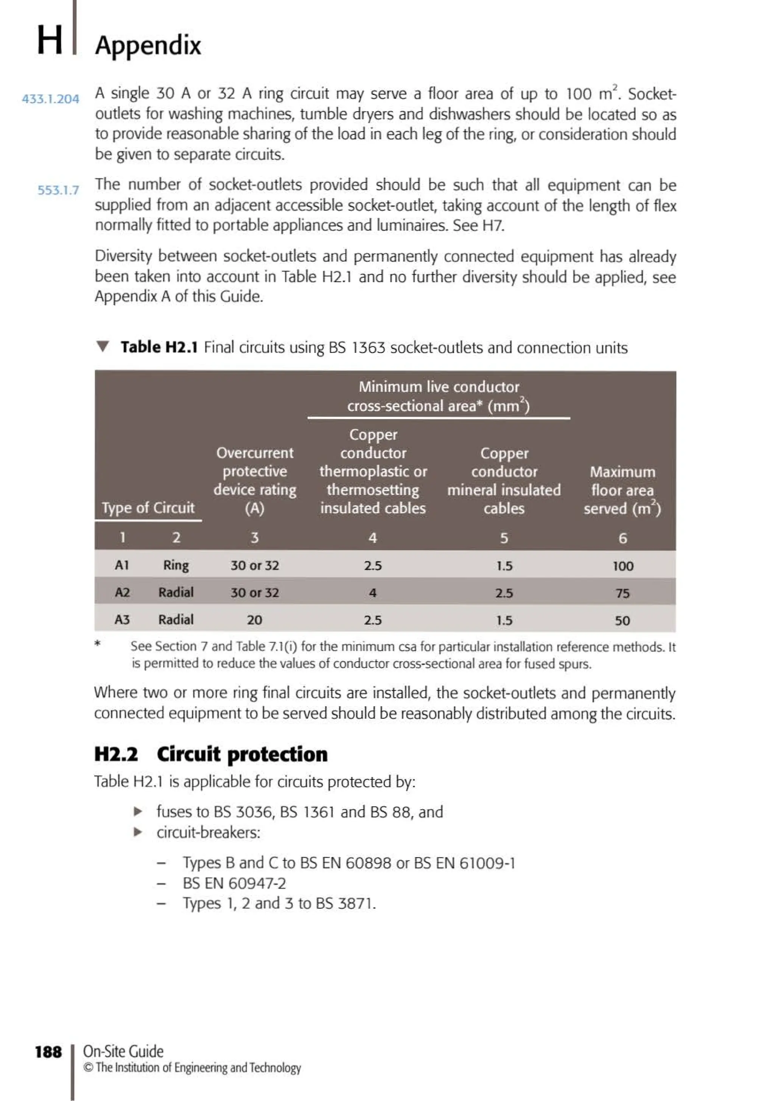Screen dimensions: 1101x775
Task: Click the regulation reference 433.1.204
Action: [50, 99]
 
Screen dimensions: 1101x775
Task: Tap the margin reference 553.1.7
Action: [58, 190]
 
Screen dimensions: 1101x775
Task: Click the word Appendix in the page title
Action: [148, 45]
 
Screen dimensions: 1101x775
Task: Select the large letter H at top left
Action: [50, 40]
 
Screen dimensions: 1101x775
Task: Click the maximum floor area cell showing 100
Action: [622, 566]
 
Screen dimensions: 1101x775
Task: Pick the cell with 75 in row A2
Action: [622, 594]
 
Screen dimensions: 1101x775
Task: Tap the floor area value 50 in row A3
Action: [622, 621]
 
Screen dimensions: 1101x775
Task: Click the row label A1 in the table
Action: [122, 565]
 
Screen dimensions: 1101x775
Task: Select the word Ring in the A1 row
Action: [176, 565]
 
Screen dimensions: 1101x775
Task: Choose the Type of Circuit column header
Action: [148, 508]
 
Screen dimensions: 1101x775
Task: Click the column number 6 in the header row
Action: [622, 538]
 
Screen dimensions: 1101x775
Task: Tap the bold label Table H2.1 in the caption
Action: [159, 347]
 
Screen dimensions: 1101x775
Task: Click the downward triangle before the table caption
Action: [103, 346]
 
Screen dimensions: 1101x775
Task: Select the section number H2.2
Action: [116, 754]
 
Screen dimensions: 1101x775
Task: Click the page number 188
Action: [48, 1052]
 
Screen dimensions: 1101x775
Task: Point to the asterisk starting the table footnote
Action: [98, 644]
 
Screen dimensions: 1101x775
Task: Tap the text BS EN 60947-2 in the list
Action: [234, 883]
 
